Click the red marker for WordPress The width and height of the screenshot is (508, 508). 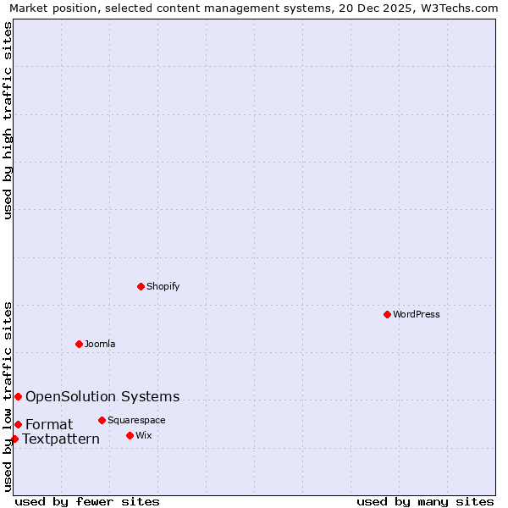387,314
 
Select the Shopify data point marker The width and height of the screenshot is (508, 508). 141,286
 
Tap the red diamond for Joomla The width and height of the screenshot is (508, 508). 79,344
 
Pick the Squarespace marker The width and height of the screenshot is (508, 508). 102,420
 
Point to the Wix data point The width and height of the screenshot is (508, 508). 130,435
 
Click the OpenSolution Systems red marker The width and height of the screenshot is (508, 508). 18,396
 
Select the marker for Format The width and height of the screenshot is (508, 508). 18,424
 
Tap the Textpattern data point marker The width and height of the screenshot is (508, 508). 14,439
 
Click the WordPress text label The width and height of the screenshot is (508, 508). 417,314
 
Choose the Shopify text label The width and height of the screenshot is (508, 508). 163,286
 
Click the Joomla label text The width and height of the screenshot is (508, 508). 100,344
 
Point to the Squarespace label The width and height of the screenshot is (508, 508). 136,420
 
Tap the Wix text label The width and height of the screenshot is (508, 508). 144,435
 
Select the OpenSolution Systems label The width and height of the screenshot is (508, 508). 102,396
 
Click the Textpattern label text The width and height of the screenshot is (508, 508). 61,439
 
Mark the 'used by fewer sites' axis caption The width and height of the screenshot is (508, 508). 87,501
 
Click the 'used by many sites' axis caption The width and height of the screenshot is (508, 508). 425,501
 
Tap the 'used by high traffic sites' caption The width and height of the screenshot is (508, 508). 8,120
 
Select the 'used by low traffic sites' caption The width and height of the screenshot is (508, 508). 8,395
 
